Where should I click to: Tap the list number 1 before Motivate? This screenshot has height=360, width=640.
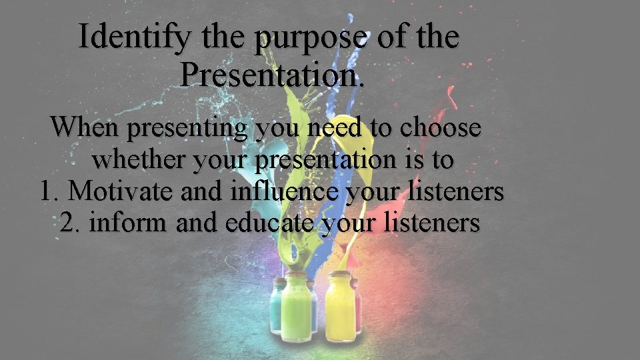(49, 191)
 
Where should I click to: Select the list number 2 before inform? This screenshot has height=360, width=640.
(70, 223)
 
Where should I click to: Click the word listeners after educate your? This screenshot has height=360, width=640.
(433, 223)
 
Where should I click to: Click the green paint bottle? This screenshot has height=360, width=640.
(293, 307)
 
